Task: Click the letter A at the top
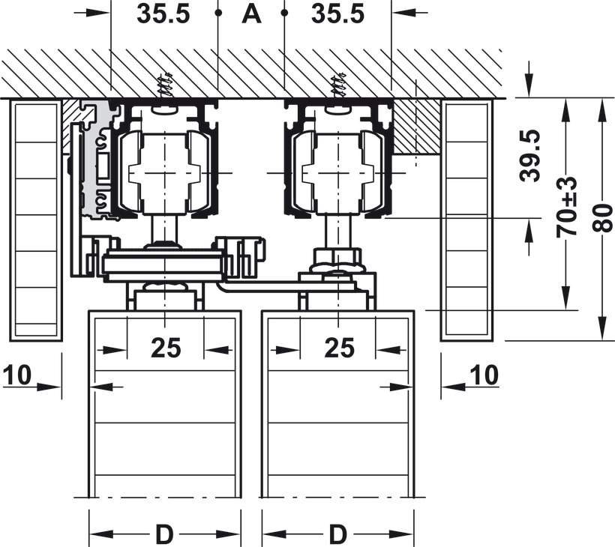click(251, 14)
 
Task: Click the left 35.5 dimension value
click(163, 14)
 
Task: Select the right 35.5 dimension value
click(337, 14)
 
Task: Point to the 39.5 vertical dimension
click(529, 156)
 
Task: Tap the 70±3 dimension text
click(566, 208)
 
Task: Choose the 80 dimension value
click(602, 219)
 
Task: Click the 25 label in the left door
click(166, 348)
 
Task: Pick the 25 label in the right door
click(339, 348)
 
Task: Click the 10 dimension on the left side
click(17, 375)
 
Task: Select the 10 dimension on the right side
click(485, 375)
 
